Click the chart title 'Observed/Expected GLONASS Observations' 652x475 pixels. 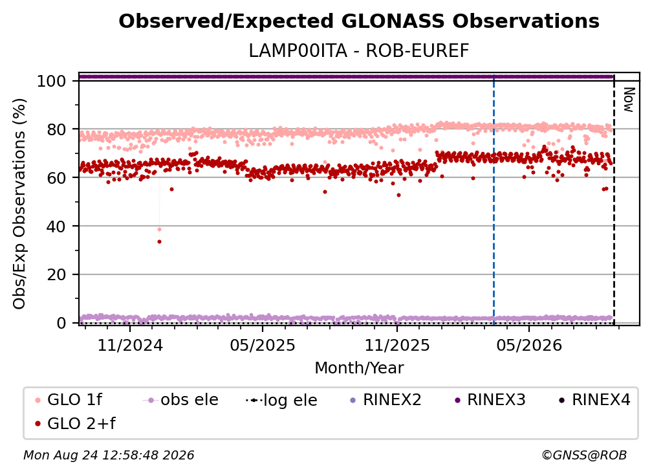[359, 21]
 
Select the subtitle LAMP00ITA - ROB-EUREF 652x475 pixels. [359, 51]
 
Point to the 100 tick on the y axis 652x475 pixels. [52, 81]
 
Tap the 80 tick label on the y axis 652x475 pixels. [56, 129]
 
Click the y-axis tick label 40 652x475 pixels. [56, 226]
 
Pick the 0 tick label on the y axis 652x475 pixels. [61, 323]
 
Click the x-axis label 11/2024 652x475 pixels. [130, 346]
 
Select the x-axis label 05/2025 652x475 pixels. [263, 346]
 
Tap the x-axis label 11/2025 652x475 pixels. [397, 346]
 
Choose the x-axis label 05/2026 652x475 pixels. [529, 346]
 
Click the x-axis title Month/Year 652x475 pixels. [359, 368]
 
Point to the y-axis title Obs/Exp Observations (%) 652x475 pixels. [19, 204]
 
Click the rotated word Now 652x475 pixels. [629, 100]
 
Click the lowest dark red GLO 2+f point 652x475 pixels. [159, 241]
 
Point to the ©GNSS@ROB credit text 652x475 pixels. [584, 456]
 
